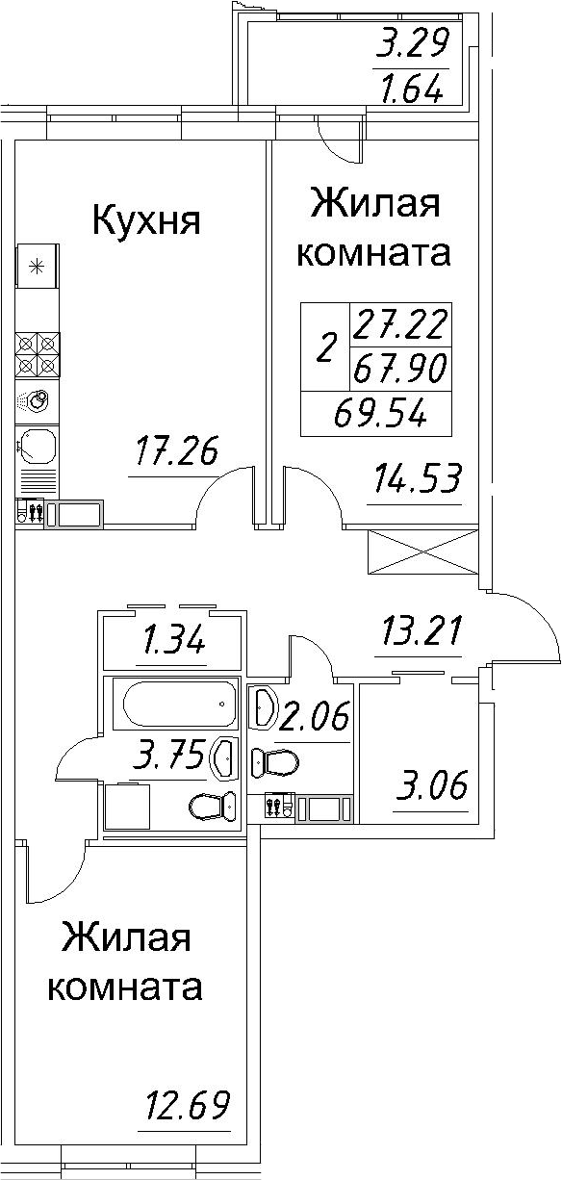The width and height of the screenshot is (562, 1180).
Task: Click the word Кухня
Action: tap(145, 221)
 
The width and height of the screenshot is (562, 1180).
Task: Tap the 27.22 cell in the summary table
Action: tap(399, 324)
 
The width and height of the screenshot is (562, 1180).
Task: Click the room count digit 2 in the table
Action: tap(326, 346)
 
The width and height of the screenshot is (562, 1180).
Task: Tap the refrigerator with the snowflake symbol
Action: tap(38, 267)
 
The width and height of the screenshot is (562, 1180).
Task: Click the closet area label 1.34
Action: tap(173, 640)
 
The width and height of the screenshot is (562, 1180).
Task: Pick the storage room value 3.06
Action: tap(431, 786)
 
